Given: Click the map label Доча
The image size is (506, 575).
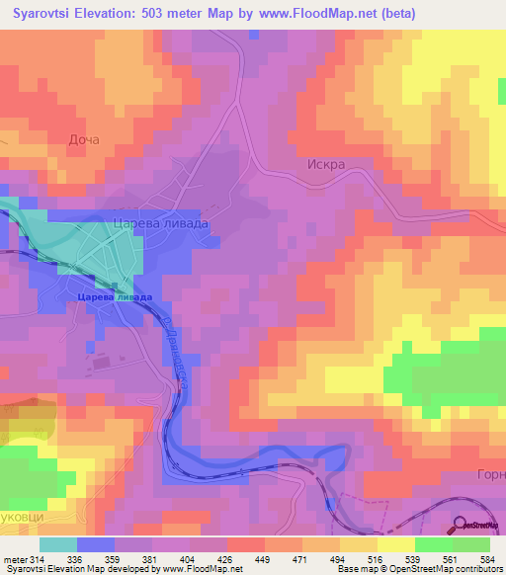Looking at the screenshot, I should point(84,140).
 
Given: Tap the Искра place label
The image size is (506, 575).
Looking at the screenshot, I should point(324,165).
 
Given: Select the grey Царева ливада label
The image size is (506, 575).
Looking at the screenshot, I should point(161,224).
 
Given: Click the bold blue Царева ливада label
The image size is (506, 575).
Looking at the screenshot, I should point(116,296).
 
